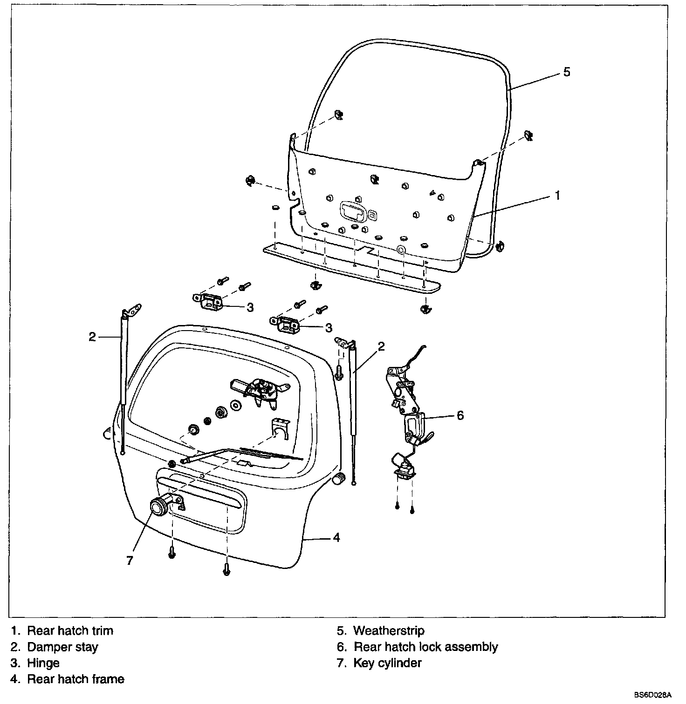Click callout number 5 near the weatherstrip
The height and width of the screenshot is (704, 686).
point(566,72)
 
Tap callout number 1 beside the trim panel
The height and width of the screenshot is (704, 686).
point(557,196)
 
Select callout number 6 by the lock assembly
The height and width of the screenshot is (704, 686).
point(460,415)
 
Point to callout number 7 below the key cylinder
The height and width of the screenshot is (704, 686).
point(130,560)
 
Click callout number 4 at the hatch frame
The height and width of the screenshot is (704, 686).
point(336,538)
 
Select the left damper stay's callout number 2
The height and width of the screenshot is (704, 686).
point(92,336)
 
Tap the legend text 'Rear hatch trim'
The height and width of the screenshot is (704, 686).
point(70,631)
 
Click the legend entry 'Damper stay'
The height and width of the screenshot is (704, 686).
point(62,647)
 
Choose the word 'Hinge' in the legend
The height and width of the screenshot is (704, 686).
point(43,663)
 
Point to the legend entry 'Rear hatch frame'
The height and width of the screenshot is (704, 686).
point(75,679)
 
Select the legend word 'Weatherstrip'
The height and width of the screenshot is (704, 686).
point(389,631)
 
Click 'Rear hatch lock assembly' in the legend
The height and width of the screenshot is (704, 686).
point(425,647)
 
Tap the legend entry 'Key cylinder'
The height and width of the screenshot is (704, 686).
point(387,663)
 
